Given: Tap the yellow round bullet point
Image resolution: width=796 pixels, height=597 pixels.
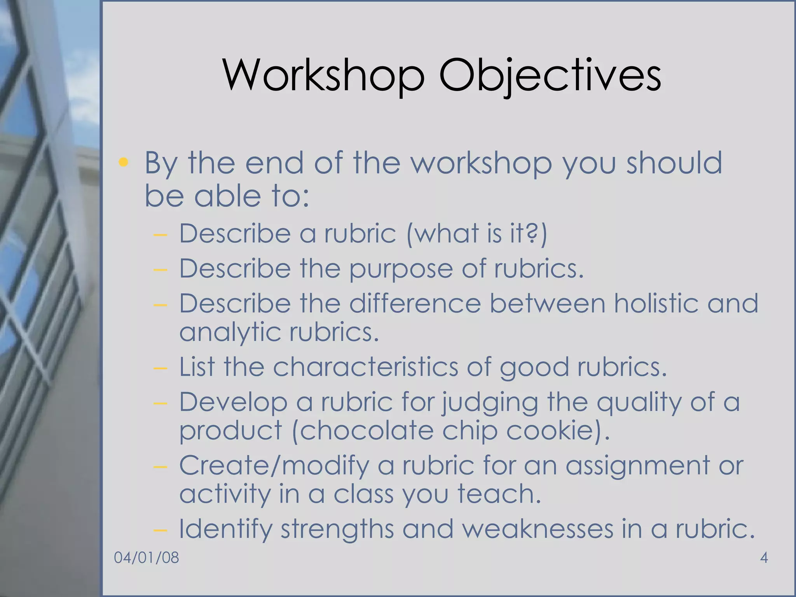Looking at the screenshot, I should (x=124, y=162).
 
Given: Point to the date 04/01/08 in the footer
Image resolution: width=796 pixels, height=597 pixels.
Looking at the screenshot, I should (x=147, y=558).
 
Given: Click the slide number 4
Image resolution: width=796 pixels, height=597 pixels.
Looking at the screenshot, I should (x=763, y=558).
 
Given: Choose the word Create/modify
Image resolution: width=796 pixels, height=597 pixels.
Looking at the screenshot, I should (x=274, y=466).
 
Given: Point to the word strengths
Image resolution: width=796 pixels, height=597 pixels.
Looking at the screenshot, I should (x=337, y=529).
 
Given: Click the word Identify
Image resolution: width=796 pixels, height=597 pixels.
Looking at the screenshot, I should (x=225, y=529).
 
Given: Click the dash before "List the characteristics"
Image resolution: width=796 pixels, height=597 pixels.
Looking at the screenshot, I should (x=160, y=368).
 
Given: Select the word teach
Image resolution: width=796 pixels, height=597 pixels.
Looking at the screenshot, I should (x=499, y=494).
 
